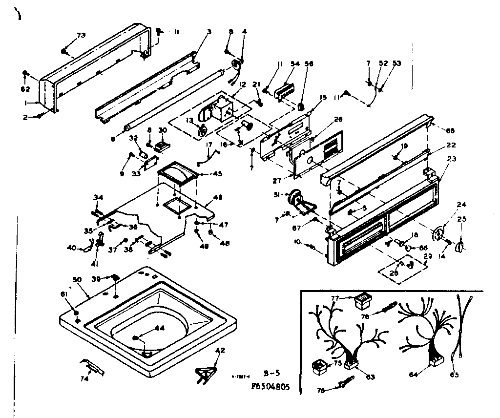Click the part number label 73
click(x=81, y=36)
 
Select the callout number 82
click(x=26, y=89)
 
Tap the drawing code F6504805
click(x=270, y=386)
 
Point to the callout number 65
click(x=455, y=375)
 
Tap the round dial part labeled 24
click(x=441, y=232)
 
